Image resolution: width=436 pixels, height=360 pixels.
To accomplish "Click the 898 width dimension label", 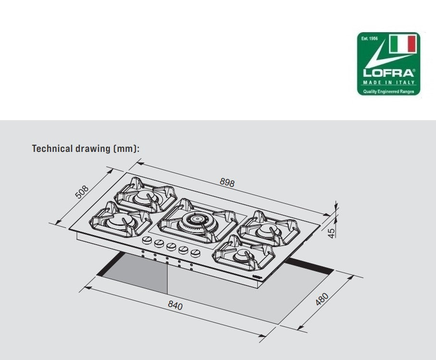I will (x=227, y=182).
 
